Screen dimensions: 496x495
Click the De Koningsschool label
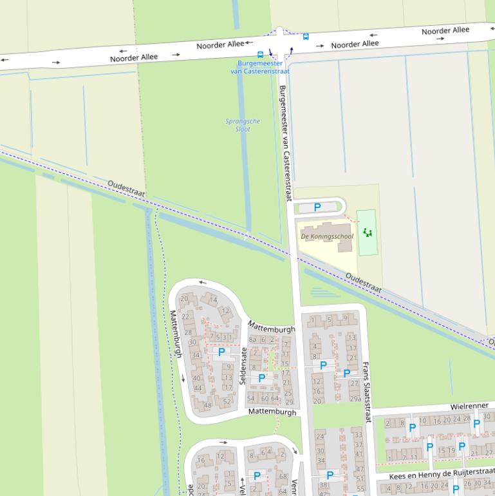327,236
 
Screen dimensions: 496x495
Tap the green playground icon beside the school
367,232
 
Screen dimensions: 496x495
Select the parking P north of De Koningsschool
317,207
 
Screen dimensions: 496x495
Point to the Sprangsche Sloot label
243,125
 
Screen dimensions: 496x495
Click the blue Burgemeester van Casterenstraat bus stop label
260,67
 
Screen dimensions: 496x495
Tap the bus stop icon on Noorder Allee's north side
306,37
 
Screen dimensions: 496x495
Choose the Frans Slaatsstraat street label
367,391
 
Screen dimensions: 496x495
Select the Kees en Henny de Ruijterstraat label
442,475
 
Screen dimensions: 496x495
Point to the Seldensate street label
243,366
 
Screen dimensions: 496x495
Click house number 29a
355,399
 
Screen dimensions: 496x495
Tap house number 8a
253,339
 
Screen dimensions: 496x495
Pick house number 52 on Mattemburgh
227,401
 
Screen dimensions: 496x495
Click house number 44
197,388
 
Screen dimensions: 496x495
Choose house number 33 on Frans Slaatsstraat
358,435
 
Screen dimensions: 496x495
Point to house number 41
359,454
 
